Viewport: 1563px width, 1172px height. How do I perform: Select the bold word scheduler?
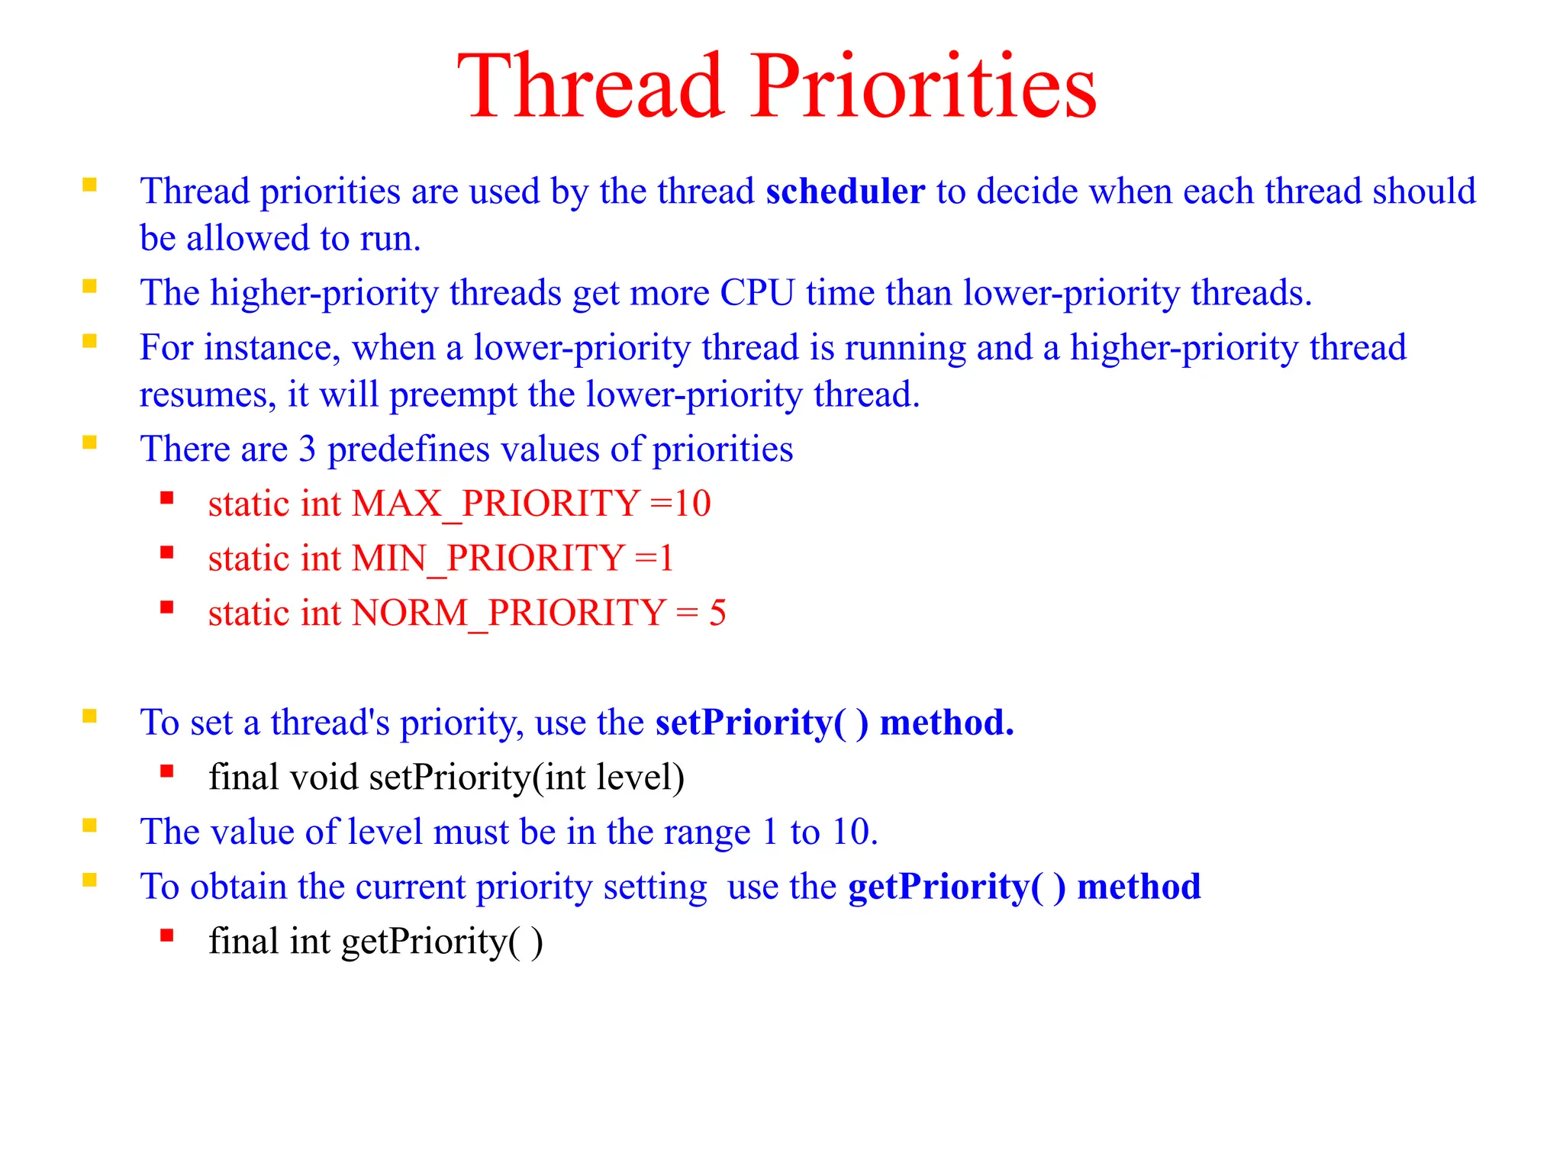click(845, 191)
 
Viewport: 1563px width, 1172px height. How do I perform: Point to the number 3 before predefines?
click(307, 449)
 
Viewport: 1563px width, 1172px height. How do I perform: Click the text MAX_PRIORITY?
click(495, 504)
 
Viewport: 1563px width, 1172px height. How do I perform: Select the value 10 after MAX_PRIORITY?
click(692, 504)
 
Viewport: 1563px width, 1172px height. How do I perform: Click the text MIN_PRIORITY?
click(488, 559)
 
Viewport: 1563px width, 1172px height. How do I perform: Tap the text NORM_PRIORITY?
click(509, 613)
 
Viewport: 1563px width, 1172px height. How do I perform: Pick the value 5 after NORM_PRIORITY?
click(717, 613)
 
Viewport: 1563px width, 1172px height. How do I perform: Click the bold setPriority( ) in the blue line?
click(762, 723)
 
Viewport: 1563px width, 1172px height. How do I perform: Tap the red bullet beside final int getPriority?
click(167, 935)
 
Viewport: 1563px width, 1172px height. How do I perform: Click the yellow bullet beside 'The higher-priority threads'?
click(90, 287)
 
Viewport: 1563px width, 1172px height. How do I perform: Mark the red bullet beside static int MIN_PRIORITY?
click(167, 552)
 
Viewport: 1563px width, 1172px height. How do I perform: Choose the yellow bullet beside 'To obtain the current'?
click(90, 881)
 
